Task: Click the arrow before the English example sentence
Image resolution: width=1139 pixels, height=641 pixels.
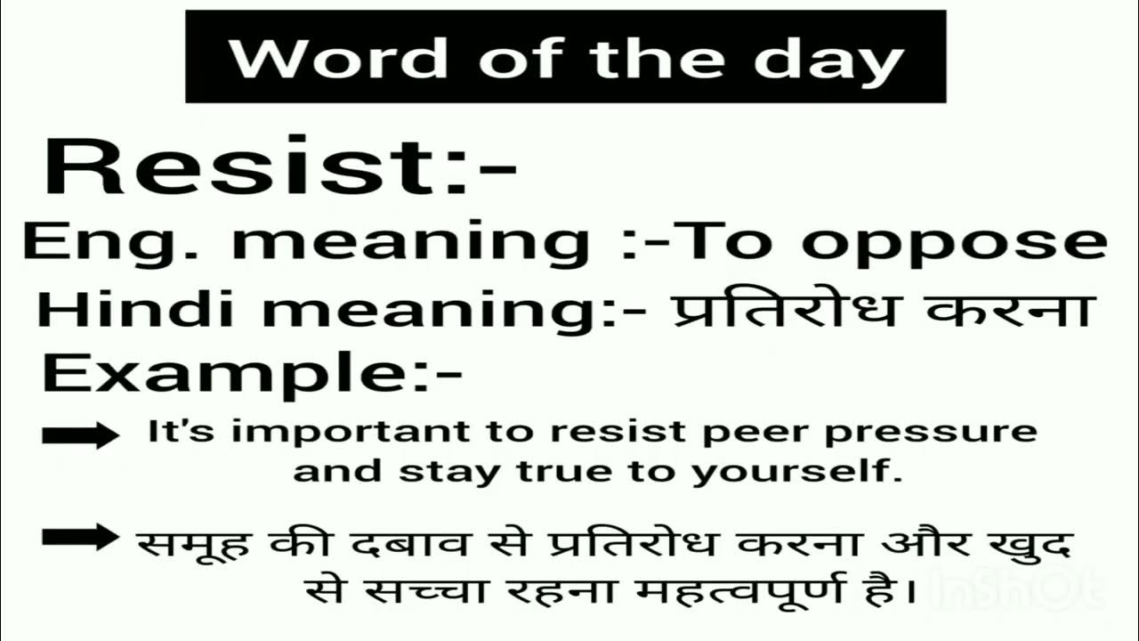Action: click(79, 434)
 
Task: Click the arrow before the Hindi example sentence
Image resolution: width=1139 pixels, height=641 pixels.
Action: click(79, 537)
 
